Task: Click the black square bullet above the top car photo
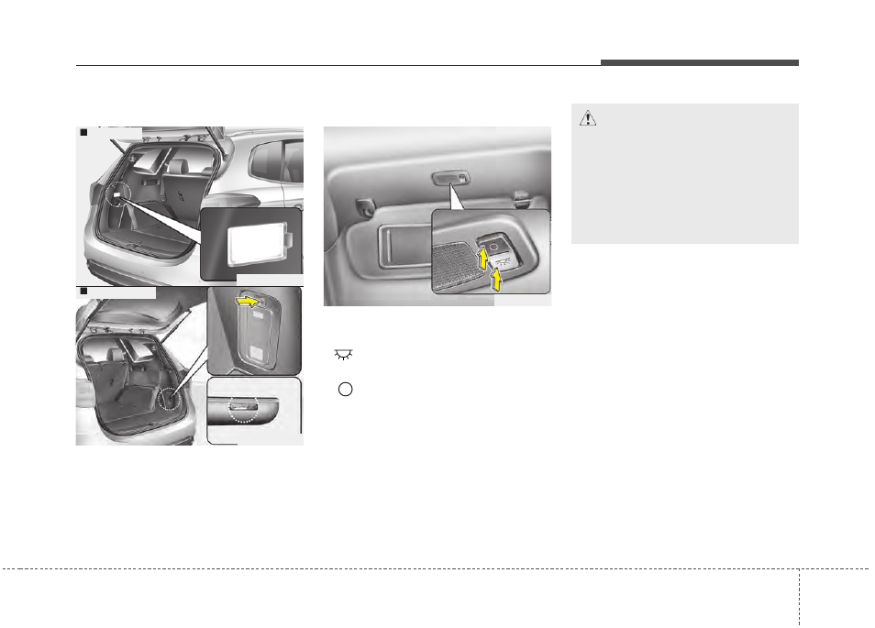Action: coord(82,134)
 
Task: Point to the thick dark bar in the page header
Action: coord(700,62)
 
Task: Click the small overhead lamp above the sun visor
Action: coord(451,179)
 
